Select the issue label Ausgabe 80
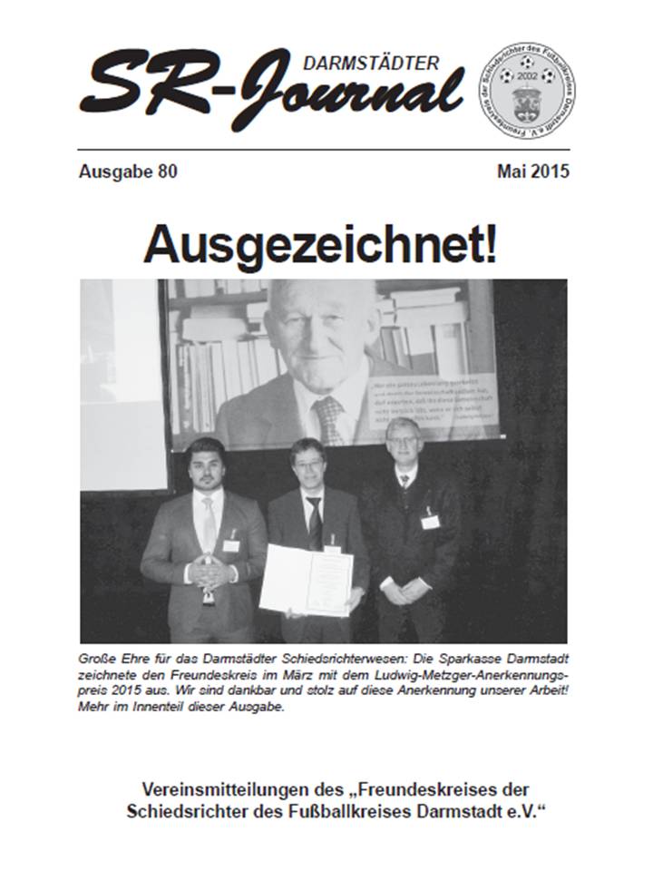pos(128,171)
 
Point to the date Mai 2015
pos(533,171)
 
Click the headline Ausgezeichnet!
pos(320,245)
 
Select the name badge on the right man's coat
pos(430,521)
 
